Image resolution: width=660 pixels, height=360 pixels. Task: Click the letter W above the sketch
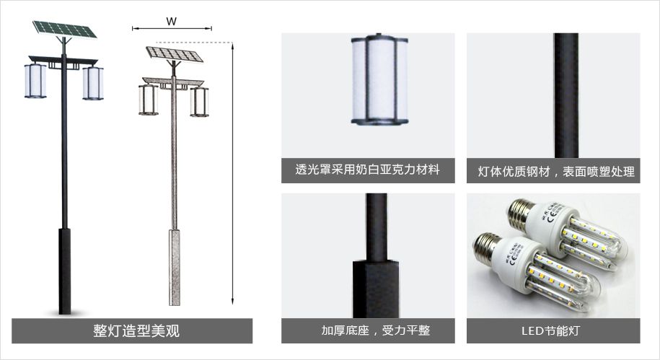point(172,21)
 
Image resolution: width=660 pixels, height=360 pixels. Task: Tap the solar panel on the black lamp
point(65,29)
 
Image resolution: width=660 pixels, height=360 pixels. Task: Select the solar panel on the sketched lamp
point(173,54)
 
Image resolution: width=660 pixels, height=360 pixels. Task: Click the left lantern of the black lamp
point(35,80)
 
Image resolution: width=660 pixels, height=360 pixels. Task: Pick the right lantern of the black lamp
point(93,83)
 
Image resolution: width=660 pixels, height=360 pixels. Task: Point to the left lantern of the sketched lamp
point(148,100)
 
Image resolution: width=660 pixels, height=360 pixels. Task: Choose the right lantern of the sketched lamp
point(199,102)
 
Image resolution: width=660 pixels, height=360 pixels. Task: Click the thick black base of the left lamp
point(64,271)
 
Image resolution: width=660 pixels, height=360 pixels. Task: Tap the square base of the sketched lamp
point(175,268)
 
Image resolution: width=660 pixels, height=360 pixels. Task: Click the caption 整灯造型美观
point(136,330)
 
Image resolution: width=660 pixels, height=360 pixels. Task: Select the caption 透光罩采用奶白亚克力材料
point(367,170)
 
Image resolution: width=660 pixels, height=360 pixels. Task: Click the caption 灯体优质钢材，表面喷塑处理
point(556,172)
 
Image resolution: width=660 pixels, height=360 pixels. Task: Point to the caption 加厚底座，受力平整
point(376,330)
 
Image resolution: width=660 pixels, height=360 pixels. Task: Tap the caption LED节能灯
point(550,330)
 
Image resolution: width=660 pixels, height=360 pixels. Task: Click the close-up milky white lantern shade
point(379,79)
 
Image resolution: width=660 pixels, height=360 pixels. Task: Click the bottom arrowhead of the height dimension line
point(232,302)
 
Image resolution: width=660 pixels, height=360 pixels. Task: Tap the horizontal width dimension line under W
point(172,29)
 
